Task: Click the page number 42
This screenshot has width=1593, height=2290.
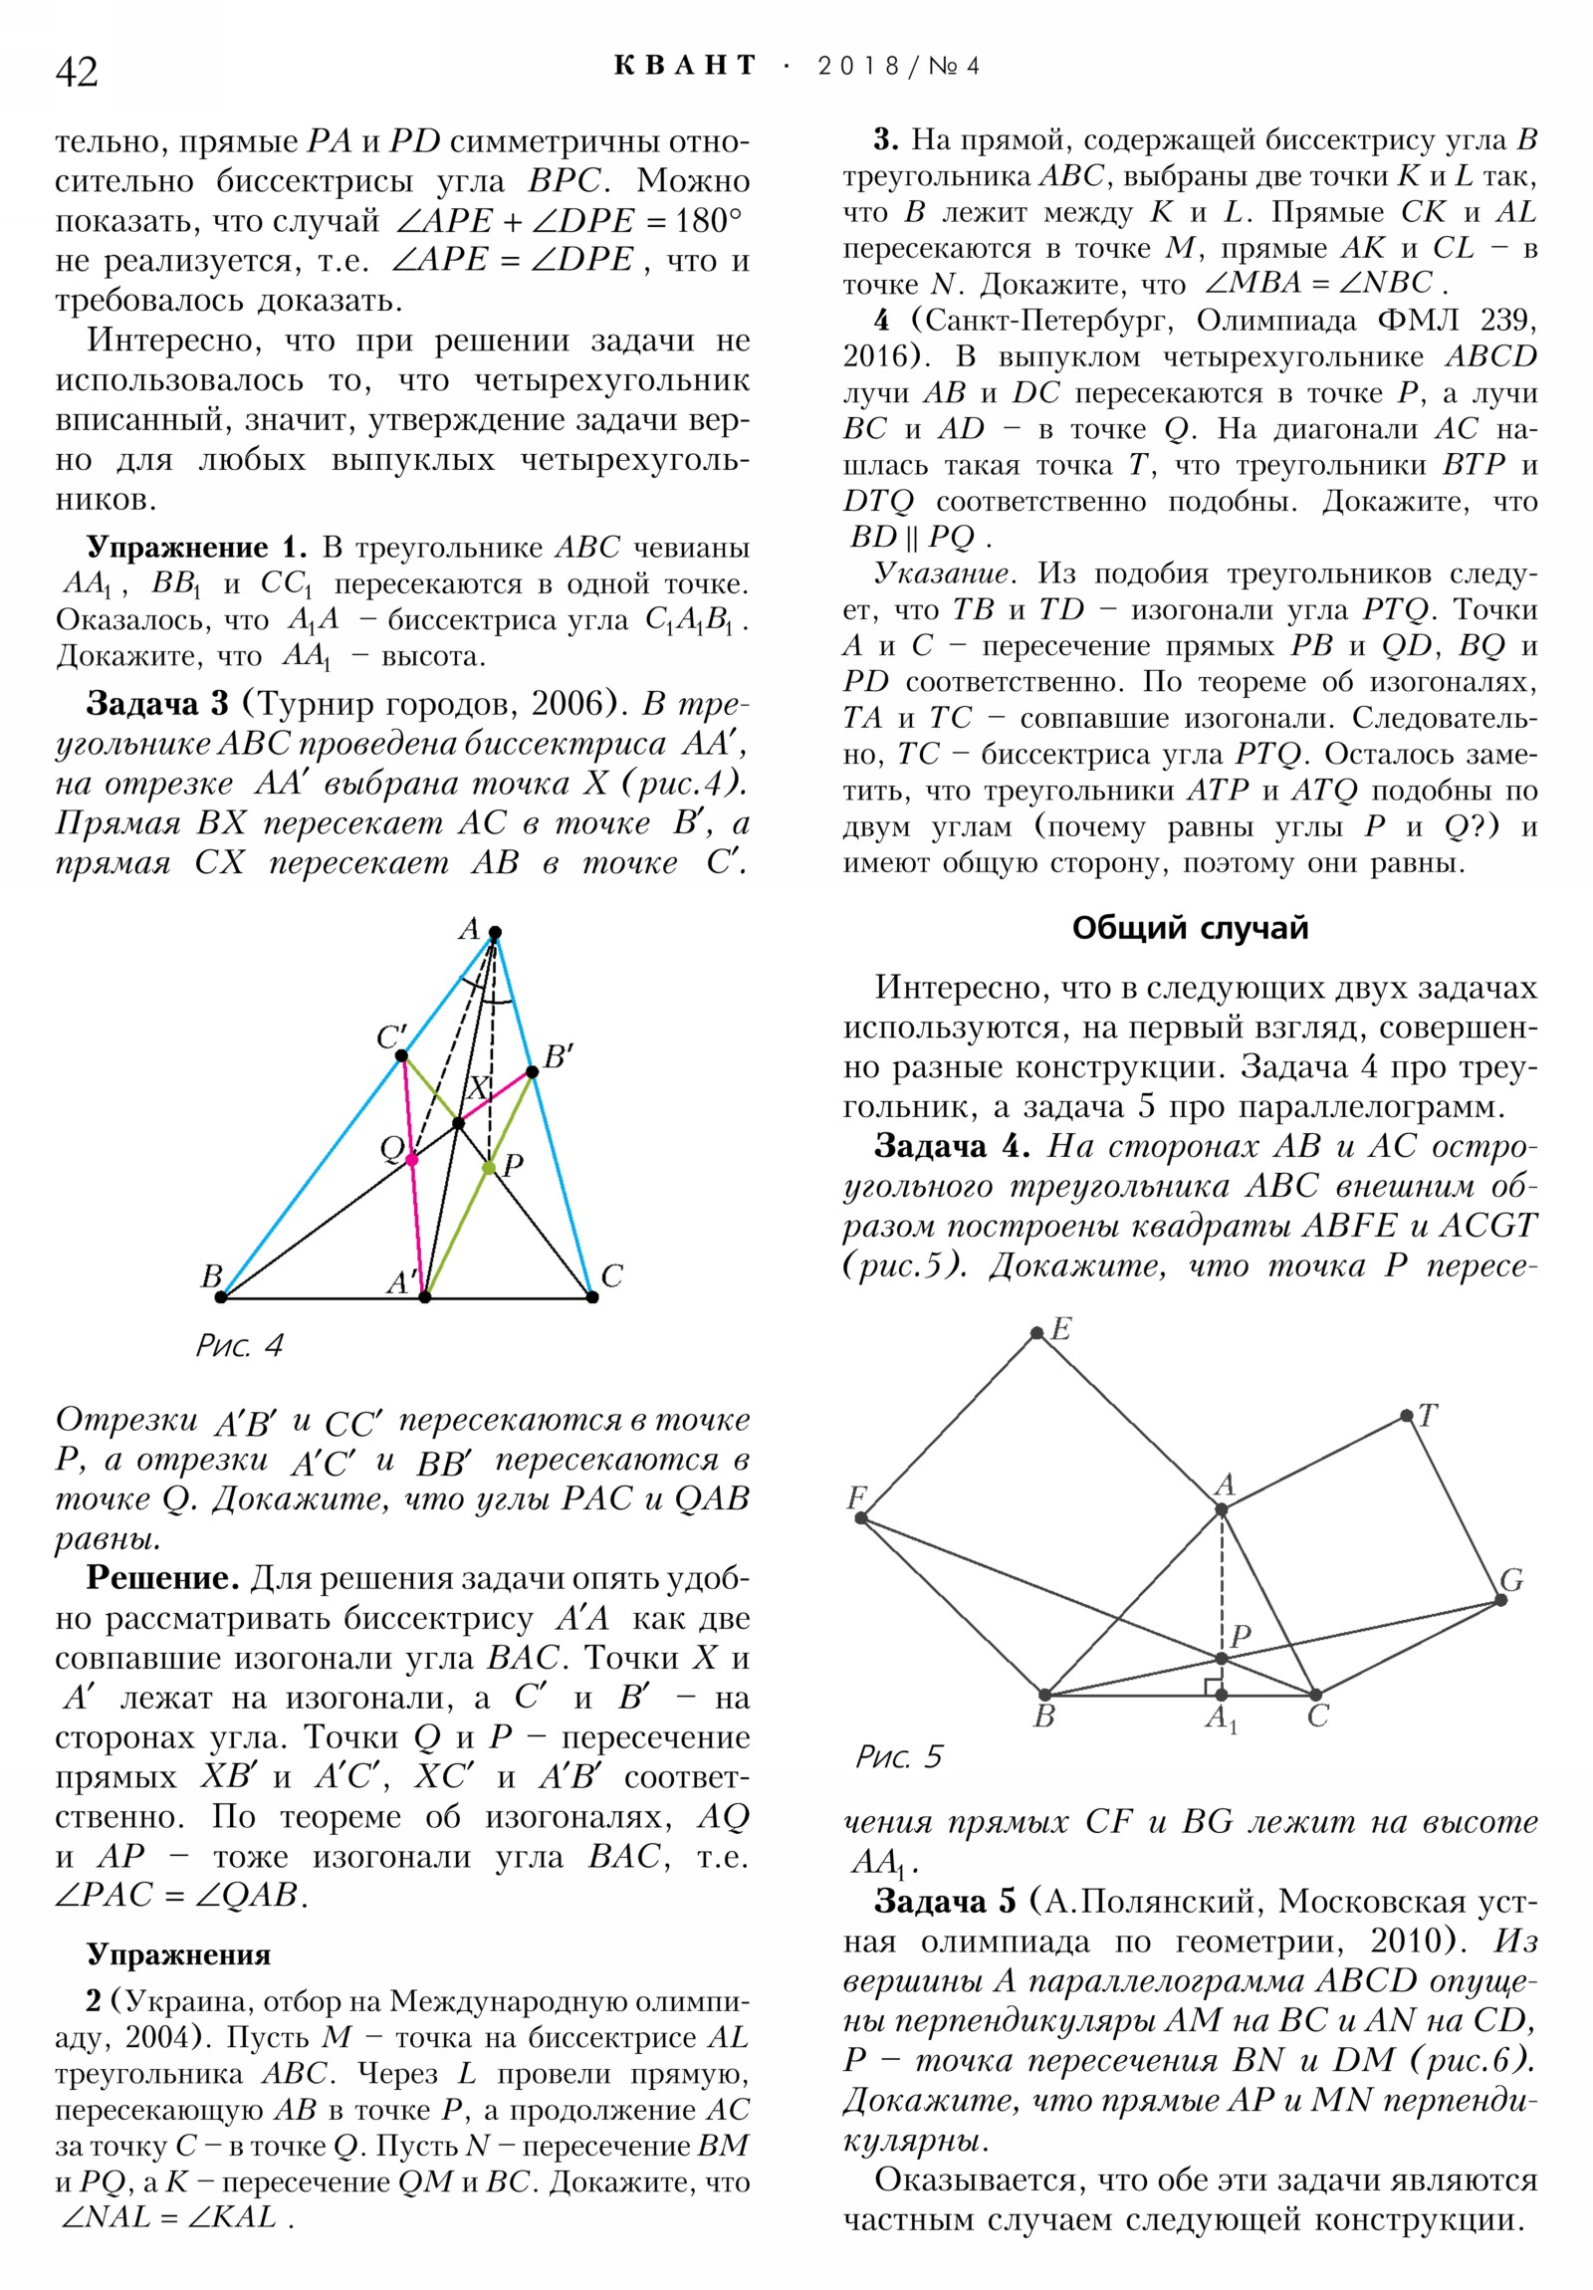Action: coord(76,72)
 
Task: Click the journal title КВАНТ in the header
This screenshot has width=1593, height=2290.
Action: coord(684,66)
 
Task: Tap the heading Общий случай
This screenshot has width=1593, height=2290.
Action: coord(1189,928)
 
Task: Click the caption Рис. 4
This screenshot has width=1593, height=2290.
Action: coord(239,1345)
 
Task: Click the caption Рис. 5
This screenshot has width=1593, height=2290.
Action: coord(898,1756)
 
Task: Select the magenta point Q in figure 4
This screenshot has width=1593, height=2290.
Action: coord(412,1159)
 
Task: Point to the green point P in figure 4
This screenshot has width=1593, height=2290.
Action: coord(489,1167)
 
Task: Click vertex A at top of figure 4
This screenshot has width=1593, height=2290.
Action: coord(495,933)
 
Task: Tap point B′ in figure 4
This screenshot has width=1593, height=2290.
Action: coord(533,1072)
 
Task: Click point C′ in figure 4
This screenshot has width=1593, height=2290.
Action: coord(401,1055)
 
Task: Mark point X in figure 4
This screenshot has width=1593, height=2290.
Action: coord(459,1124)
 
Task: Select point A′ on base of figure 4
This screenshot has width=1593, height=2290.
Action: coord(425,1296)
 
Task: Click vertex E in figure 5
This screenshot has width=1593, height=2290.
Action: coord(1037,1332)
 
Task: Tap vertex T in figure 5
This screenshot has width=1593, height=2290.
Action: coord(1407,1415)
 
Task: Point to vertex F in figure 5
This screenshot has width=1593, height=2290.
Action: coord(861,1518)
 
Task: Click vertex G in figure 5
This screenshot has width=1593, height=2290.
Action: coord(1500,1600)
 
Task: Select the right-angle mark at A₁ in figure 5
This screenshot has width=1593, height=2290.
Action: coord(1213,1687)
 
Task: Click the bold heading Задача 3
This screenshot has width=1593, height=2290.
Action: coord(156,703)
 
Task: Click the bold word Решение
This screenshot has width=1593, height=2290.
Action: coord(161,1577)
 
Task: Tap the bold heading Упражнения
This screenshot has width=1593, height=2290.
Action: coord(178,1953)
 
